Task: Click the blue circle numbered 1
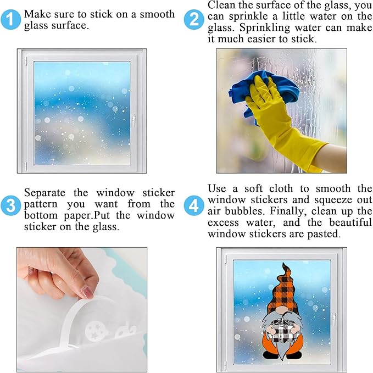tap(10, 20)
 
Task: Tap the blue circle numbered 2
tap(194, 20)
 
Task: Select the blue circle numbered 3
tap(10, 205)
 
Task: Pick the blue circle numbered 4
tap(194, 205)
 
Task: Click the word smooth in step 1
tap(157, 14)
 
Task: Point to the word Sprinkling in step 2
tap(265, 27)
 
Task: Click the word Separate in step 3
tap(44, 193)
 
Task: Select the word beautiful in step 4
tap(350, 222)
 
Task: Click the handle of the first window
tap(133, 121)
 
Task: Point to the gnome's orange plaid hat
tap(283, 290)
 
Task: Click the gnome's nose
tap(282, 311)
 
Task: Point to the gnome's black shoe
tap(270, 356)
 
